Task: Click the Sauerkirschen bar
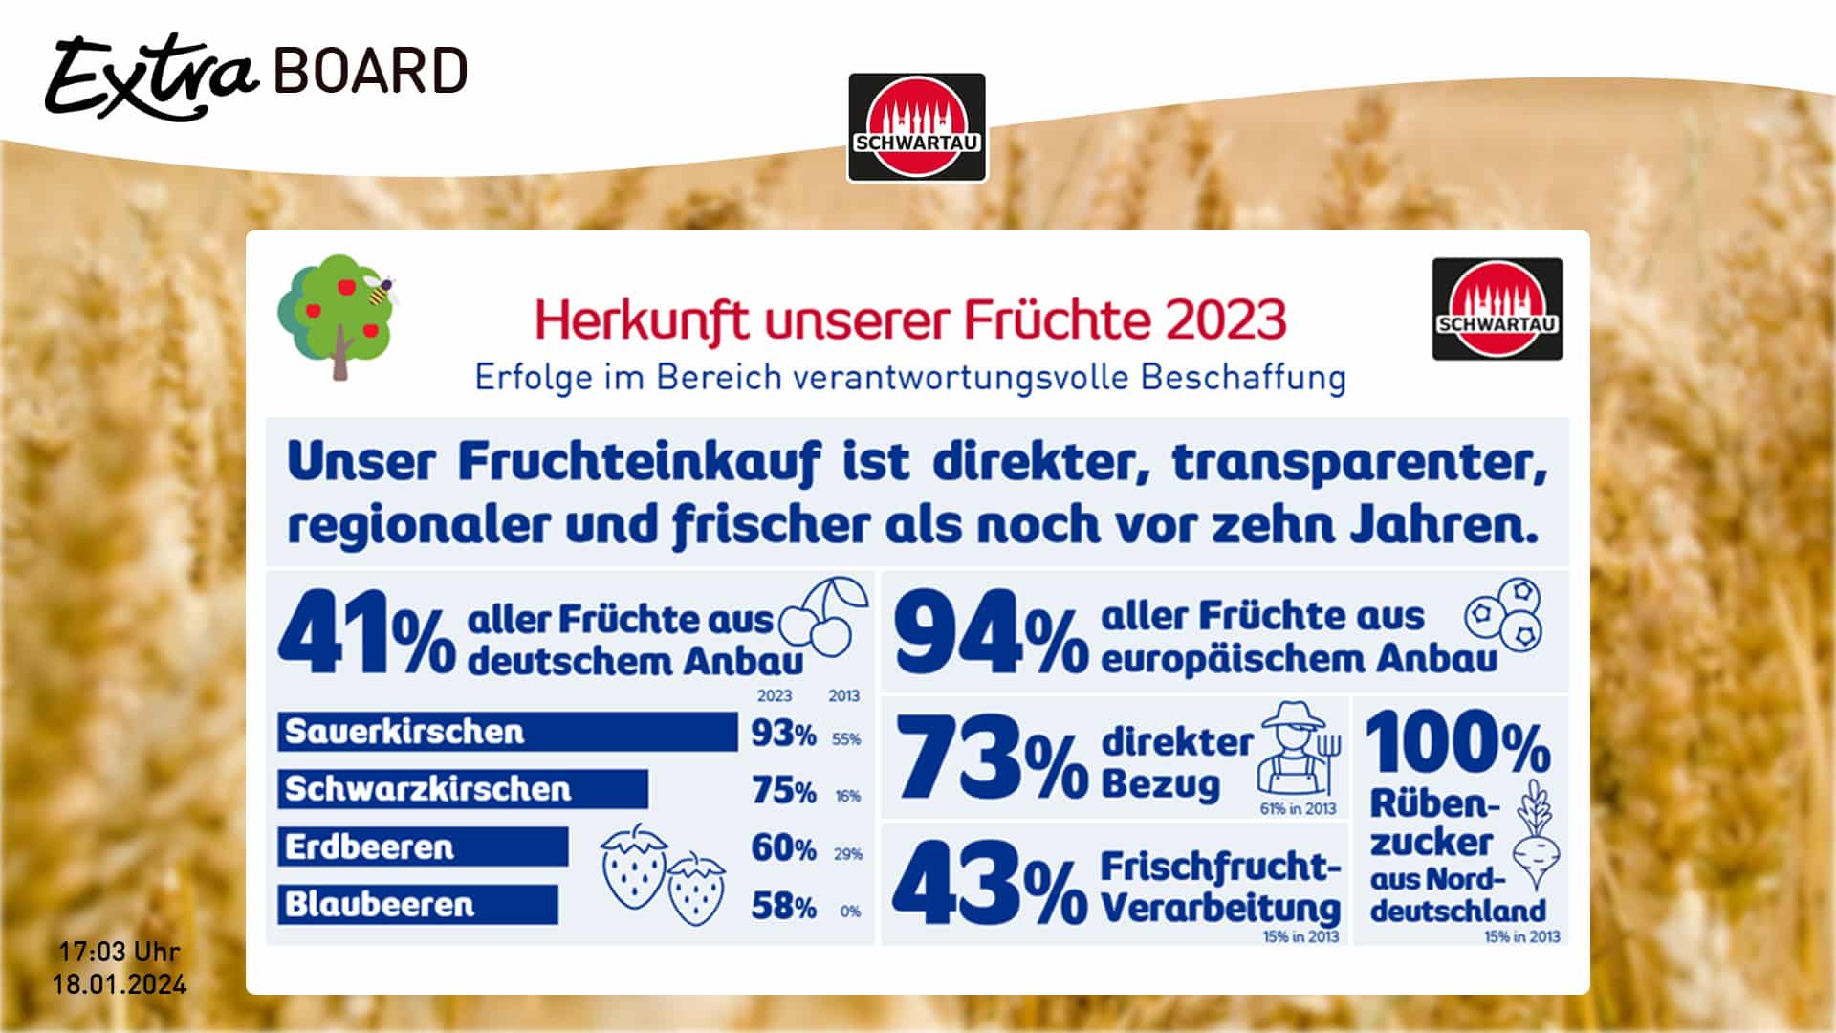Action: tap(507, 732)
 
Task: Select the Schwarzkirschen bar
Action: tap(463, 789)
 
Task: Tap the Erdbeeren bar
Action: tap(423, 847)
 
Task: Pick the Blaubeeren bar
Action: tap(417, 905)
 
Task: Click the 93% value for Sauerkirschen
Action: tap(783, 734)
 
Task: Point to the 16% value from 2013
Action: tap(848, 796)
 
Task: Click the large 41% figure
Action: tap(366, 633)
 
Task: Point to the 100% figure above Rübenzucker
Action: tap(1458, 742)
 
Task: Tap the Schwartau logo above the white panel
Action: tap(916, 127)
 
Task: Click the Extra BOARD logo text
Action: tap(256, 74)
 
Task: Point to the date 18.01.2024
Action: tap(120, 984)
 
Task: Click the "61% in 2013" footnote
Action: tap(1298, 809)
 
